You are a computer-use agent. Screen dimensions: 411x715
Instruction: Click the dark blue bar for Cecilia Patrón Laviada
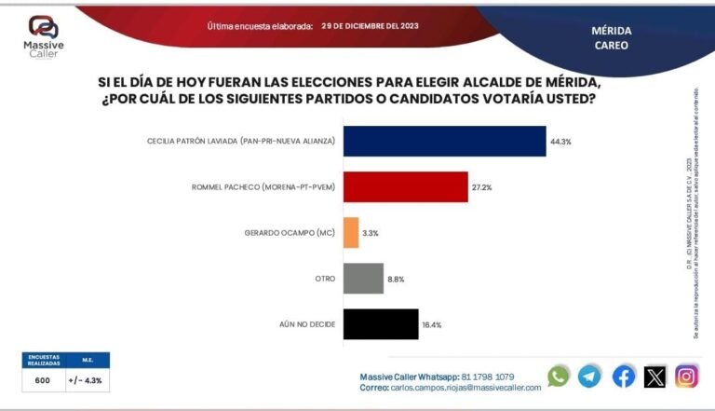(x=444, y=141)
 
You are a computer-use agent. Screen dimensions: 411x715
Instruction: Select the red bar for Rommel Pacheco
(x=405, y=186)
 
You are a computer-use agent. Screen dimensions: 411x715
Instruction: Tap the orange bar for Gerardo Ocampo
(x=351, y=232)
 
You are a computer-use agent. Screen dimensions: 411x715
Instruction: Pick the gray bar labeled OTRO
(x=363, y=278)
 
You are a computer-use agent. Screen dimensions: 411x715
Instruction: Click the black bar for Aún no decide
(x=381, y=323)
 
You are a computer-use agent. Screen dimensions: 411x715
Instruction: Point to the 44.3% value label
(x=560, y=142)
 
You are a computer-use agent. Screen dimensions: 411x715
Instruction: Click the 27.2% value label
(x=482, y=187)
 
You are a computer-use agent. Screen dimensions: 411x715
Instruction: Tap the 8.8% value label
(x=397, y=279)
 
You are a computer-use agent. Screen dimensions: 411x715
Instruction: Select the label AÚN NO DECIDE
(x=307, y=323)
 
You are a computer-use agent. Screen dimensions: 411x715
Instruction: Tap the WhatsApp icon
(x=559, y=376)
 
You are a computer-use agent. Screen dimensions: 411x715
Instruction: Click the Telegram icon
(x=589, y=376)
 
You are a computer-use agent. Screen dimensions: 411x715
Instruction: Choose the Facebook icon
(x=624, y=376)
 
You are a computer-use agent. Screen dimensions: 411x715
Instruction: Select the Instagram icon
(x=686, y=376)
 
